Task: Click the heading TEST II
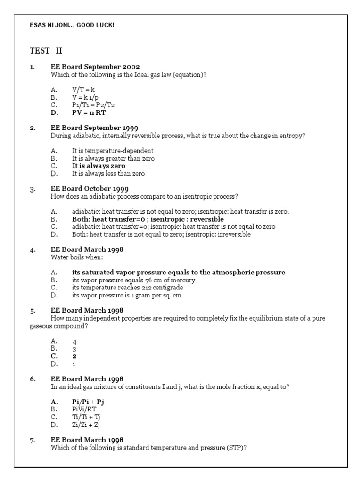[x=46, y=50]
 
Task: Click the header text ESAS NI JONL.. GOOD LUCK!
[x=72, y=25]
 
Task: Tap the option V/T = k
[x=85, y=89]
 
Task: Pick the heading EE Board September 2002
[x=95, y=67]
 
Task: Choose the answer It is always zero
[x=99, y=166]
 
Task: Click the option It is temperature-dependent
[x=112, y=151]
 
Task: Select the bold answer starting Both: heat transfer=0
[x=148, y=219]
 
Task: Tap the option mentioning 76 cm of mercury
[x=133, y=280]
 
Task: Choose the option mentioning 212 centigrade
[x=127, y=288]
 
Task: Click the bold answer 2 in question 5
[x=74, y=356]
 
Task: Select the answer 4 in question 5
[x=74, y=342]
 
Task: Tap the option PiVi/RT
[x=83, y=409]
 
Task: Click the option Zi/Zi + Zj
[x=86, y=425]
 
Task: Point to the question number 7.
[x=33, y=440]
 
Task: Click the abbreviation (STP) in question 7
[x=238, y=447]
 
